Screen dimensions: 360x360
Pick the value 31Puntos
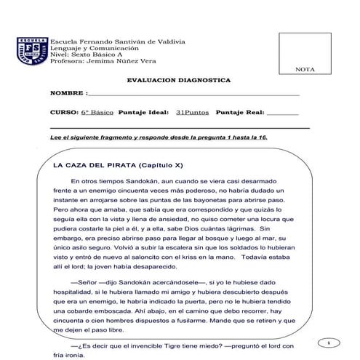click(191, 113)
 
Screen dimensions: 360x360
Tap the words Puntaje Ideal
click(143, 113)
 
